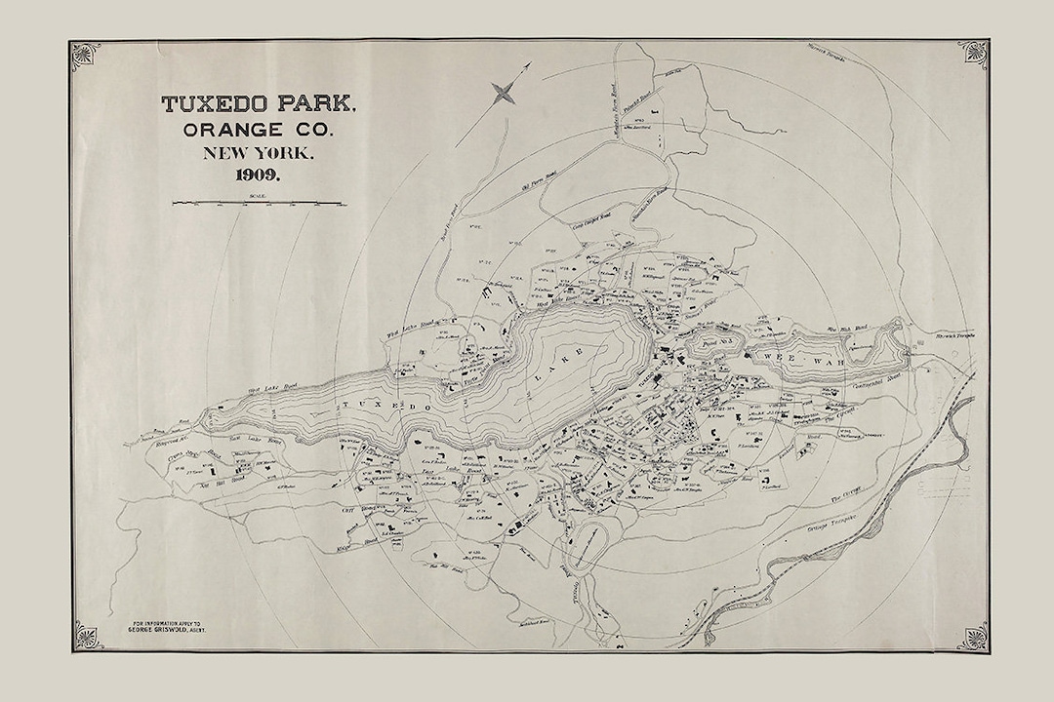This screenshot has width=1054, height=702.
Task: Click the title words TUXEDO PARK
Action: pyautogui.click(x=259, y=104)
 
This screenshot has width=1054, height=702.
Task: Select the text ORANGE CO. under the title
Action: pyautogui.click(x=259, y=130)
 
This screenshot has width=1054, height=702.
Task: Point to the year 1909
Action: pyautogui.click(x=258, y=175)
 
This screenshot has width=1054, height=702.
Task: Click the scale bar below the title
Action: pyautogui.click(x=260, y=203)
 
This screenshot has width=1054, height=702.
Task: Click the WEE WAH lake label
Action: pyautogui.click(x=776, y=359)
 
